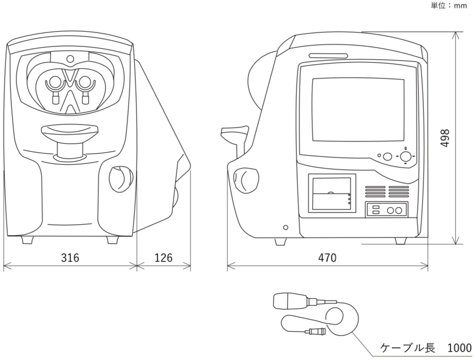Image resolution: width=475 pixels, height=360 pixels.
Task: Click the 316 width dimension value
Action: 70,258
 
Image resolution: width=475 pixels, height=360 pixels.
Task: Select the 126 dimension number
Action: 163,258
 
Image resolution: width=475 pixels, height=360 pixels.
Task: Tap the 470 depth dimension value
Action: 327,258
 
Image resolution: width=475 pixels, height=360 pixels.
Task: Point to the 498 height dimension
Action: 445,138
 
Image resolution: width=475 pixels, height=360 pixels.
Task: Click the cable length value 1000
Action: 459,348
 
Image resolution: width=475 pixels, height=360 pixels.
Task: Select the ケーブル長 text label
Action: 407,348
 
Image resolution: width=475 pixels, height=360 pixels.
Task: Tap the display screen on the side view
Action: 358,110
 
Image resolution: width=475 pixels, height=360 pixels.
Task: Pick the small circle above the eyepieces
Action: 70,59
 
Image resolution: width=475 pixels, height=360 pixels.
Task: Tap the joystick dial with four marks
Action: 405,156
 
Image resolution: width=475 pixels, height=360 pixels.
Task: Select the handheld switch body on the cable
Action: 289,301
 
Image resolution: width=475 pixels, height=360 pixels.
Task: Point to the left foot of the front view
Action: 28,239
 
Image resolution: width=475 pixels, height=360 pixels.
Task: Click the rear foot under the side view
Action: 401,241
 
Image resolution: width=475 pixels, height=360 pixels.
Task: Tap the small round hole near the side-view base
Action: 285,227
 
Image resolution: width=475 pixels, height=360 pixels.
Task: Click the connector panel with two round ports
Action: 386,209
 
